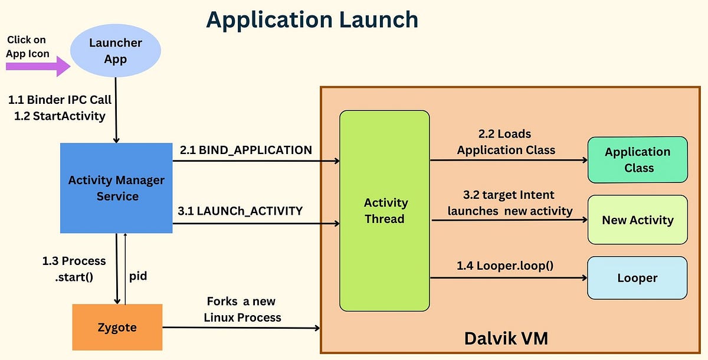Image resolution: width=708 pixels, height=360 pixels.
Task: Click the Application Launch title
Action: pos(312,19)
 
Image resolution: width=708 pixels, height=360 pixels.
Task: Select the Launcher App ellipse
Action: pos(115,51)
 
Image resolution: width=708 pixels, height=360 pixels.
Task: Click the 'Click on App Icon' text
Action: pos(28,47)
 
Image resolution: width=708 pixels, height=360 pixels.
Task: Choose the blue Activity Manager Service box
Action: pos(116,188)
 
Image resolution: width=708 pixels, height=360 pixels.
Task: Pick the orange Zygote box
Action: pos(117,326)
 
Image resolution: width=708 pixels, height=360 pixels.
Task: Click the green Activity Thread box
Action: pos(384,211)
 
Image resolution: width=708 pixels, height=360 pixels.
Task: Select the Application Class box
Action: pos(637,159)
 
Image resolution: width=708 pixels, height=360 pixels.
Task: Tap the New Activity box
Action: pos(637,220)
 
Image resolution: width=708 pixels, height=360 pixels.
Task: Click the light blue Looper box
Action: pos(637,277)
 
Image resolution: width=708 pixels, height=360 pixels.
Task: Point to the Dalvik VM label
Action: pos(506,338)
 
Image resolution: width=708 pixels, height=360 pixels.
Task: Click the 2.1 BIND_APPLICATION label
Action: pos(246,150)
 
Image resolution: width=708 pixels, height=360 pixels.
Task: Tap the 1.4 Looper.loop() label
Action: pos(505,266)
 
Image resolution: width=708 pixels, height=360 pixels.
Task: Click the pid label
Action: pos(138,276)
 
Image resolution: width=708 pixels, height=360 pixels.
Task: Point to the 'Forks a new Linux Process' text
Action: pos(242,309)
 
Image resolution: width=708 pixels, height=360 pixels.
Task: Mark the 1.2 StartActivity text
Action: pos(60,116)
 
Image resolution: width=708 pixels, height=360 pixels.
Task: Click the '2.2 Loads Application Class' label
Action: pos(506,142)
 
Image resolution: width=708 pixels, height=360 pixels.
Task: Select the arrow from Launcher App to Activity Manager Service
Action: pos(116,112)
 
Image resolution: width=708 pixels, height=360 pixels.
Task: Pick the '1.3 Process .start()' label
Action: pos(74,269)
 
